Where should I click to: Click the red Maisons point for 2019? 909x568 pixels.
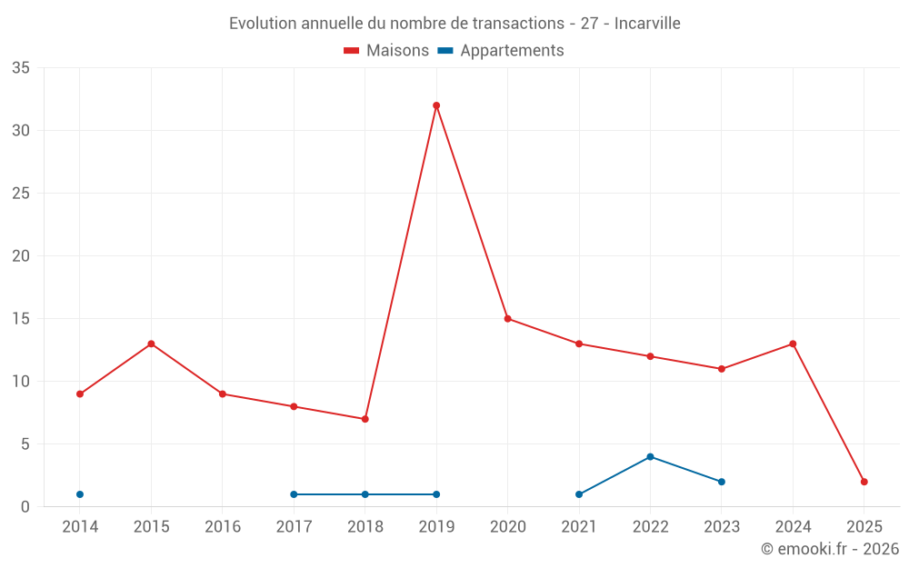click(436, 105)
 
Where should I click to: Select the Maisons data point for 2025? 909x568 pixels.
click(864, 482)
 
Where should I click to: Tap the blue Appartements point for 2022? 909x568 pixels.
click(650, 456)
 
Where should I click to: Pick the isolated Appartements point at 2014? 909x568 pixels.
click(80, 494)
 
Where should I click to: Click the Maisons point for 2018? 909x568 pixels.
click(365, 419)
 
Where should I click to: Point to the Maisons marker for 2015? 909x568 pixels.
click(151, 344)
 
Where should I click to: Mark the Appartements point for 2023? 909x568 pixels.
click(722, 482)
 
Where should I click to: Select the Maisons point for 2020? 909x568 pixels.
click(507, 318)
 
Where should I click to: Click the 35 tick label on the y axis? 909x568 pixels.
click(21, 68)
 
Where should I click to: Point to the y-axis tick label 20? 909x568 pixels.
click(21, 256)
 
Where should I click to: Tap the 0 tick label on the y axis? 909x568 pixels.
click(25, 507)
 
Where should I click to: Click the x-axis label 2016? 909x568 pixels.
click(223, 527)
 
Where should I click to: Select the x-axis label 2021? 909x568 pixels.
click(579, 527)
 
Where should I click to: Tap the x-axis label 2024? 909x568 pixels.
click(793, 527)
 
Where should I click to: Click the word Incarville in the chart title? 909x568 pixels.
click(647, 24)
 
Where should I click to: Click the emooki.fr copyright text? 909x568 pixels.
click(829, 549)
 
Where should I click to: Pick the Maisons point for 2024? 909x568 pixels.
click(793, 344)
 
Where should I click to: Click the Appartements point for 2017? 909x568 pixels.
click(294, 494)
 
